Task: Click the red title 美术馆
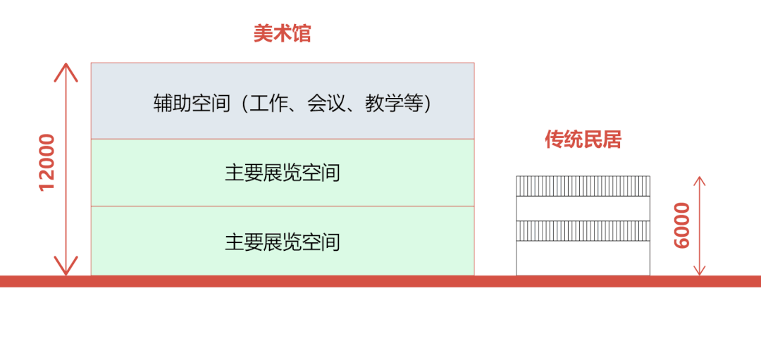[282, 34]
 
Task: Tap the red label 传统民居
[583, 139]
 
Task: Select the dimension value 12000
[47, 162]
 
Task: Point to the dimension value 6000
[682, 225]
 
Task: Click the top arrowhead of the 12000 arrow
[66, 68]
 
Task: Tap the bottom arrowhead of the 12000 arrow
[66, 270]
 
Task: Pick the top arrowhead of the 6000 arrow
[700, 180]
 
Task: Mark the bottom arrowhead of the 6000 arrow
[700, 271]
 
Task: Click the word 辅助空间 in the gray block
[192, 104]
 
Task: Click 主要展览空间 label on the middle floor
[282, 173]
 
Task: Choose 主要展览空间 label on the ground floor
[282, 242]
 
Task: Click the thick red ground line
[380, 281]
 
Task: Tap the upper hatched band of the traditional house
[583, 185]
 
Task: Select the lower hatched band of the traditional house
[583, 231]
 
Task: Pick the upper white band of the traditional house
[583, 208]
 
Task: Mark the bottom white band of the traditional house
[583, 258]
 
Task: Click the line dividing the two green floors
[282, 206]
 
